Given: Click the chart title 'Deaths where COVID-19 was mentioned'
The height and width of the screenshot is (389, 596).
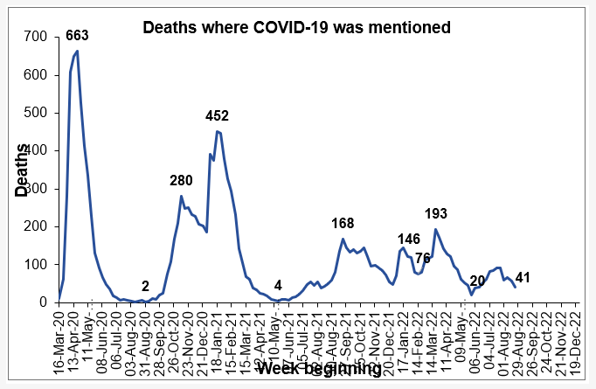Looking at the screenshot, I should [x=297, y=28].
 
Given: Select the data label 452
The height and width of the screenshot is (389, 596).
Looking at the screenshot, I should [x=218, y=116].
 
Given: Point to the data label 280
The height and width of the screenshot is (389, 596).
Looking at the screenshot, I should [x=182, y=181].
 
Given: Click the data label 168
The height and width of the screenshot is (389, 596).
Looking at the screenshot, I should [x=343, y=224].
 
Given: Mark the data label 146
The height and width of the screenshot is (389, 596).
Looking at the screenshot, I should [x=409, y=240].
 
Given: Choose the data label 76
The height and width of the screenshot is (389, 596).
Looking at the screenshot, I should [x=423, y=258].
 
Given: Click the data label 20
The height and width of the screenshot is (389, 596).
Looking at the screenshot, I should [x=477, y=281].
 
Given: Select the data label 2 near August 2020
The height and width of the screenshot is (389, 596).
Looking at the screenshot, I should [x=145, y=286].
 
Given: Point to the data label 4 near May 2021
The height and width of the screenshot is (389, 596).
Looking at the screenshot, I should [x=278, y=286].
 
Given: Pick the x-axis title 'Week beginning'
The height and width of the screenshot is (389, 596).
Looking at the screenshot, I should [x=318, y=369].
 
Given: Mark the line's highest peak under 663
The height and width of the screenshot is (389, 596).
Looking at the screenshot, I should [x=78, y=52].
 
